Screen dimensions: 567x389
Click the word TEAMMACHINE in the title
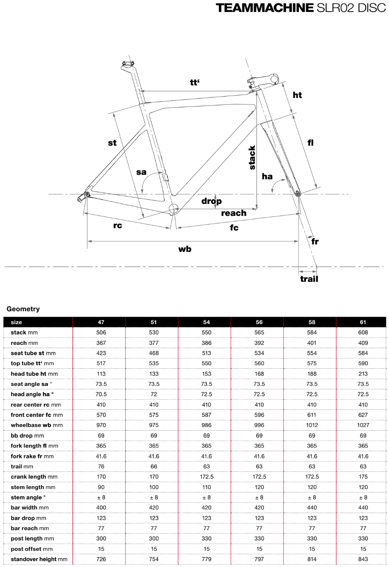pyautogui.click(x=264, y=8)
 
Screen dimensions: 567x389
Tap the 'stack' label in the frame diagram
pyautogui.click(x=252, y=157)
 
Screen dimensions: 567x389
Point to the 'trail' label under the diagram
pyautogui.click(x=309, y=279)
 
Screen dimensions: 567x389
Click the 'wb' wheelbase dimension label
pyautogui.click(x=185, y=249)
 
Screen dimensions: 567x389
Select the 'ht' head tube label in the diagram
pyautogui.click(x=297, y=95)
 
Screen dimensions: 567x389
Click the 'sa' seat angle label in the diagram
pyautogui.click(x=141, y=172)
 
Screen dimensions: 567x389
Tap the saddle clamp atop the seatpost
pyautogui.click(x=127, y=64)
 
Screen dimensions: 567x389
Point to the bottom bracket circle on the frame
pyautogui.click(x=174, y=208)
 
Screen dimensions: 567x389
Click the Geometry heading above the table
pyautogui.click(x=23, y=309)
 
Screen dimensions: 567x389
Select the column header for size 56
pyautogui.click(x=259, y=322)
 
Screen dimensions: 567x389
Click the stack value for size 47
pyautogui.click(x=101, y=332)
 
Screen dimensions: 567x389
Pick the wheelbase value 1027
pyautogui.click(x=363, y=425)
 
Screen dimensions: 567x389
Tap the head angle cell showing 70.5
pyautogui.click(x=101, y=394)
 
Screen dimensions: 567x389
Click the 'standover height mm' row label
pyautogui.click(x=39, y=559)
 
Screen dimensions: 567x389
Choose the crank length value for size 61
pyautogui.click(x=363, y=477)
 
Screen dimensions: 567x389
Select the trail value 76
pyautogui.click(x=101, y=466)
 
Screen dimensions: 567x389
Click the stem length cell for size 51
pyautogui.click(x=154, y=487)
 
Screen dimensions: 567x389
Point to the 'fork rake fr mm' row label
pyautogui.click(x=32, y=456)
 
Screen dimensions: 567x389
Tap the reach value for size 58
pyautogui.click(x=312, y=343)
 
